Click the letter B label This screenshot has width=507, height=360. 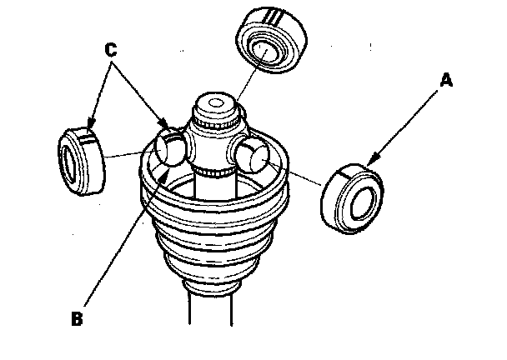pos(75,317)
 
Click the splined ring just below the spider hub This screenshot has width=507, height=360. pos(215,172)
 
